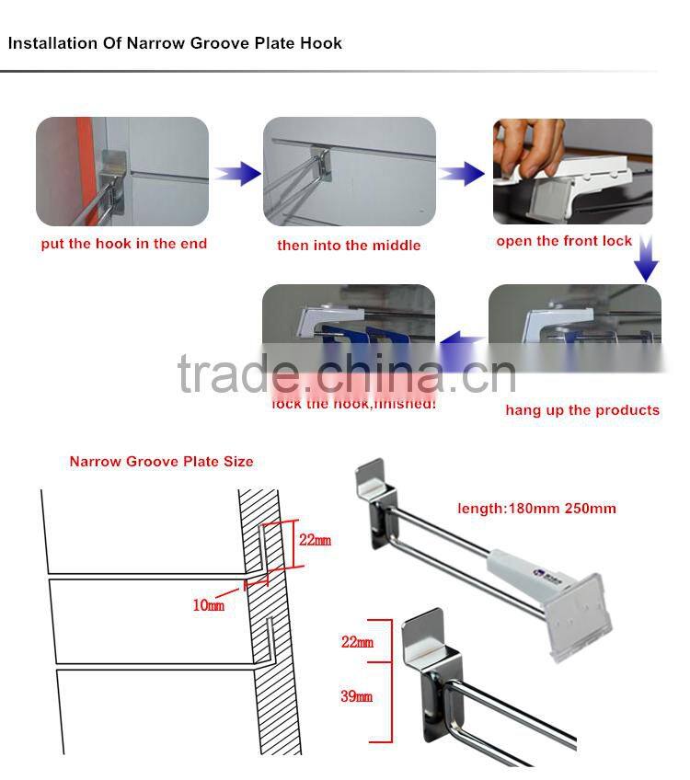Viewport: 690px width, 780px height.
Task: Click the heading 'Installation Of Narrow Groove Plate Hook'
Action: pos(175,43)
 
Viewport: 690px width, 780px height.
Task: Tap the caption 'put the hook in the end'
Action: pos(124,244)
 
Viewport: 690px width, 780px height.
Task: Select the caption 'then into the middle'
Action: pos(349,246)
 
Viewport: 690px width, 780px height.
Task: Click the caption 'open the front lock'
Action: pos(564,241)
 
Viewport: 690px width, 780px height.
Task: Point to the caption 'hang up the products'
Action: pos(582,410)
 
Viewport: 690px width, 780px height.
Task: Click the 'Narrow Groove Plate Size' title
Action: pos(161,462)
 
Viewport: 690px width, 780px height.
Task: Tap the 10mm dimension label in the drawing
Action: pos(208,605)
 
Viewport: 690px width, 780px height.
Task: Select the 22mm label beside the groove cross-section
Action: pos(315,540)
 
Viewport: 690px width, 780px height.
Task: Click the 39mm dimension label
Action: pos(356,696)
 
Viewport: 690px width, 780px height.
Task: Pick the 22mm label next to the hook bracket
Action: pos(357,642)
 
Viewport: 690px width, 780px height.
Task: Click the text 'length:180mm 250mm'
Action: pos(536,508)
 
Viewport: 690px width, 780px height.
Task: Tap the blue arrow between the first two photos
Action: pos(237,172)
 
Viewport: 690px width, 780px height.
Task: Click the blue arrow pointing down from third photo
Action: pos(647,258)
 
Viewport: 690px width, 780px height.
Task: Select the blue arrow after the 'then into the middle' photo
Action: pos(461,172)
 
